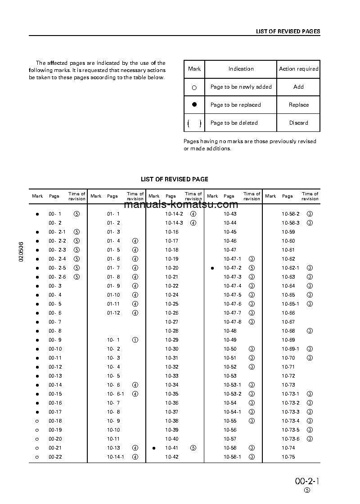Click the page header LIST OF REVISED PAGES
coord(288,31)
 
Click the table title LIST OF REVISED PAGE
coord(175,179)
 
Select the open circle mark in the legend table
coord(194,88)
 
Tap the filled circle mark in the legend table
coord(194,104)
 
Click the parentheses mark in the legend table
coord(194,123)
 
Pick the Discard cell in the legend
coord(298,123)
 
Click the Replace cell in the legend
coord(298,105)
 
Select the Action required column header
coord(298,69)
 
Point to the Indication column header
coord(241,69)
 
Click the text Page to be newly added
coord(241,87)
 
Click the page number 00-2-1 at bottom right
coord(307,481)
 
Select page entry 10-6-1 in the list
coord(115,394)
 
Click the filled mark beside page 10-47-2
coord(212,268)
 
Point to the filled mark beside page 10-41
coord(154,448)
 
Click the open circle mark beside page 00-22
coord(37,457)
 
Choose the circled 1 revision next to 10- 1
coord(135,340)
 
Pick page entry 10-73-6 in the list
coord(290,439)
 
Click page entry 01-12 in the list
coord(113,313)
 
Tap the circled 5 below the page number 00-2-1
coord(307,491)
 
